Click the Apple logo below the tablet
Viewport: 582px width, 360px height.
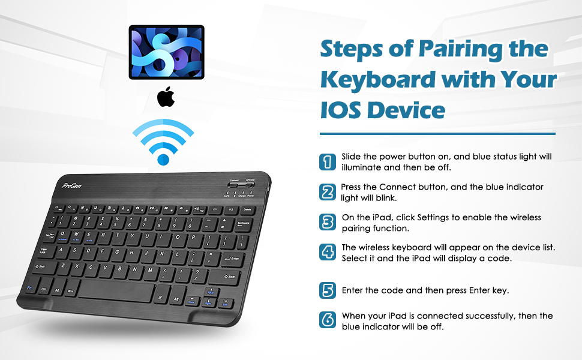[x=166, y=97]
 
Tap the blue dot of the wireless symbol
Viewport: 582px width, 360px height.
[x=163, y=159]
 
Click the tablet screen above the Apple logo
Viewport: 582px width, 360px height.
[x=166, y=52]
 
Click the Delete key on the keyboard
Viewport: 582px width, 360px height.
[x=247, y=210]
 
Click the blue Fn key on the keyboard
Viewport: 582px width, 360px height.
[x=29, y=288]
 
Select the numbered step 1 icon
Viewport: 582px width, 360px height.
[x=327, y=161]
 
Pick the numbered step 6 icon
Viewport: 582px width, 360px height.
[x=327, y=320]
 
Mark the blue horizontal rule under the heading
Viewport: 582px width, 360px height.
[x=437, y=134]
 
